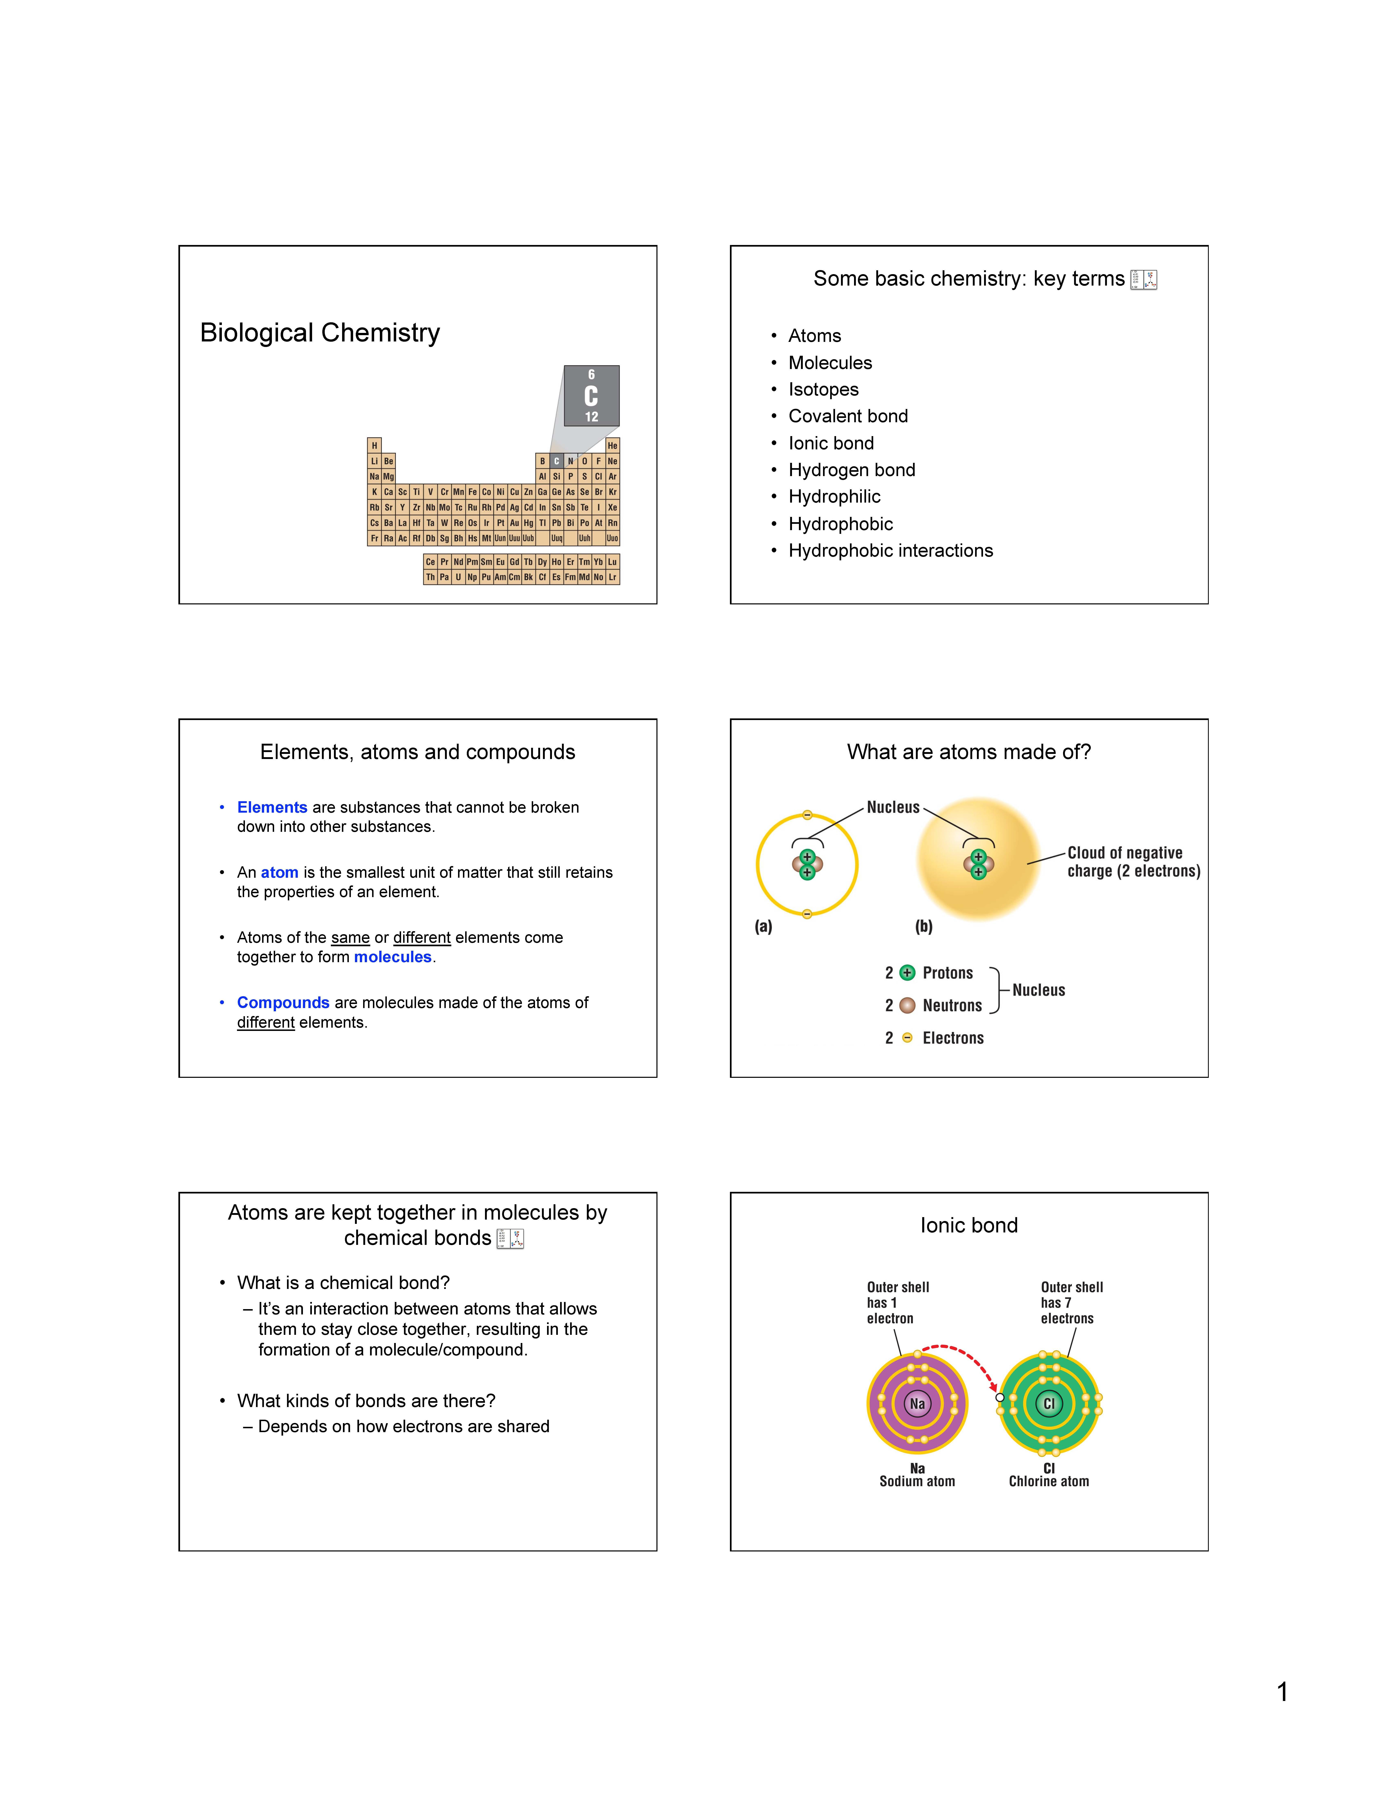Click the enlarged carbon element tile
[591, 395]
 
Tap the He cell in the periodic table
[612, 445]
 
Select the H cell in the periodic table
[374, 445]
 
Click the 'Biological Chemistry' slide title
[320, 333]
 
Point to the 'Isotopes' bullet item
[823, 390]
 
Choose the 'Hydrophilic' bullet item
[834, 496]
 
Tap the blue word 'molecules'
[392, 957]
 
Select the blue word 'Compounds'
[283, 1003]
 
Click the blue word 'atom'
[280, 872]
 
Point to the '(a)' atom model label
[763, 926]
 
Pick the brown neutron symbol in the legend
[907, 1005]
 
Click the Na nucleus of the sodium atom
[917, 1404]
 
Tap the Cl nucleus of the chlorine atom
[1048, 1404]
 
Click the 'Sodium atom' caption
[917, 1481]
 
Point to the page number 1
[1282, 1691]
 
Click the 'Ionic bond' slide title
[969, 1225]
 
